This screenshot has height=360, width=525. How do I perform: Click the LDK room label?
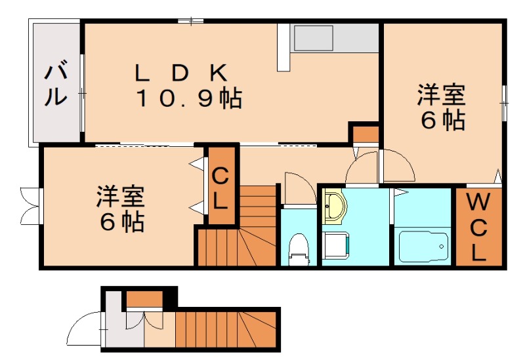[x=180, y=72]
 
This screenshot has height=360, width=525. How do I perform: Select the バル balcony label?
[x=56, y=84]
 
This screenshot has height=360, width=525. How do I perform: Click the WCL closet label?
[x=478, y=227]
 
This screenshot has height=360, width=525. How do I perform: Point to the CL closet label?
[x=221, y=187]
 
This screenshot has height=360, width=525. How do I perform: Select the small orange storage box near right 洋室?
[x=365, y=135]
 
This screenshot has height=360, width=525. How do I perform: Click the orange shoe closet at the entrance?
[x=144, y=300]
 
